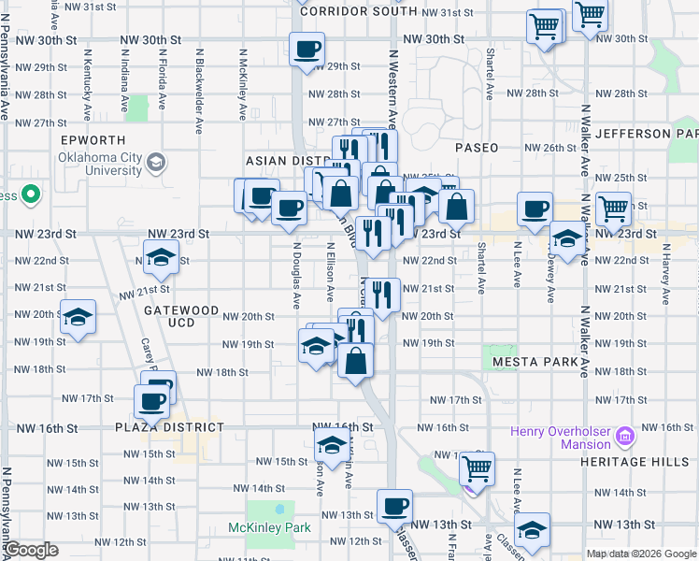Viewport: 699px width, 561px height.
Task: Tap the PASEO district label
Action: (477, 148)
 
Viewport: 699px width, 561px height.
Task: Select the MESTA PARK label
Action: (531, 361)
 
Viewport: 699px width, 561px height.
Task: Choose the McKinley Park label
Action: (270, 528)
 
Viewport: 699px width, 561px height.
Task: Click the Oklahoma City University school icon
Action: (155, 164)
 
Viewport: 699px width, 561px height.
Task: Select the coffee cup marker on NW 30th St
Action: (307, 50)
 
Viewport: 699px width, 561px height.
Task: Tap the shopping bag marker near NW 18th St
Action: (355, 360)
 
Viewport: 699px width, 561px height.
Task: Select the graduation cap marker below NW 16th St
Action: (331, 446)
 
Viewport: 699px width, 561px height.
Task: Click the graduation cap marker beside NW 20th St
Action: (78, 317)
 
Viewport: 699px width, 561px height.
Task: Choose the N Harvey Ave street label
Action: (665, 276)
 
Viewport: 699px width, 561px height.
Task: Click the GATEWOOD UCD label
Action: (181, 316)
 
